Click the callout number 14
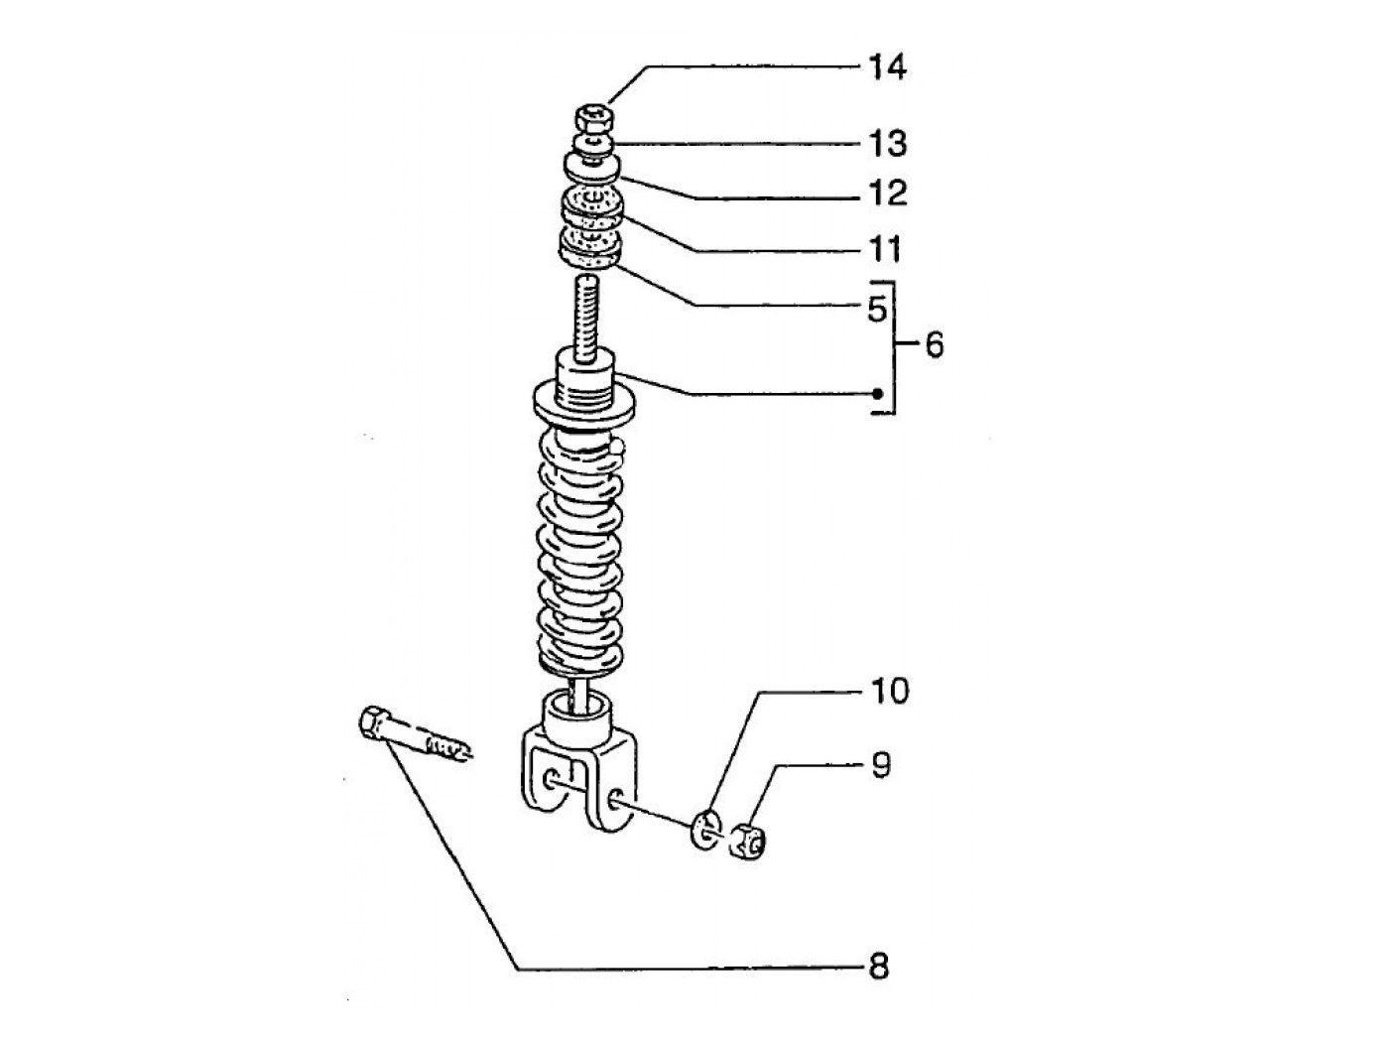(888, 67)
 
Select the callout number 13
(888, 144)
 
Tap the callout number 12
(888, 193)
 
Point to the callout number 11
(885, 249)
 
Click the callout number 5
(877, 310)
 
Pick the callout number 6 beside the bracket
(934, 346)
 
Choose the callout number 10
(889, 691)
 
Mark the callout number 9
(881, 765)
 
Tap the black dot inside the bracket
(878, 394)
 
